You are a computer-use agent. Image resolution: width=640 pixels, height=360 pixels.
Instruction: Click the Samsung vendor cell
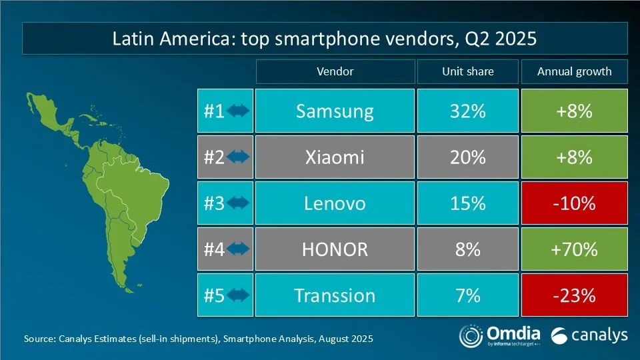pyautogui.click(x=335, y=111)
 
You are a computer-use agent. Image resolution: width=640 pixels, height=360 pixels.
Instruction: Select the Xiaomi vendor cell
pyautogui.click(x=335, y=157)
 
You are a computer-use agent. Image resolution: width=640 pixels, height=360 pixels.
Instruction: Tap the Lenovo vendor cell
pyautogui.click(x=335, y=203)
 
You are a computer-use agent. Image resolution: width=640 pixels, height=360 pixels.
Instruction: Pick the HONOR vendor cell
pyautogui.click(x=335, y=249)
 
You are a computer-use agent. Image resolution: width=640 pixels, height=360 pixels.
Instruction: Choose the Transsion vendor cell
pyautogui.click(x=335, y=295)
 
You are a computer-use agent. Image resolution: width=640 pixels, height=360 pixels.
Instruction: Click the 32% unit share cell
pyautogui.click(x=467, y=111)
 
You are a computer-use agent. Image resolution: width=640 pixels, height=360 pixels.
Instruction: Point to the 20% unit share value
pyautogui.click(x=467, y=157)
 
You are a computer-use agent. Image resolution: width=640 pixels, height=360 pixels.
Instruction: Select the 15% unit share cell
pyautogui.click(x=467, y=203)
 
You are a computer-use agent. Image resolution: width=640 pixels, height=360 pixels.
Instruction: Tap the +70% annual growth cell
pyautogui.click(x=574, y=249)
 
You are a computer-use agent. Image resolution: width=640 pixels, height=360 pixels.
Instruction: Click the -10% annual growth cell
pyautogui.click(x=574, y=203)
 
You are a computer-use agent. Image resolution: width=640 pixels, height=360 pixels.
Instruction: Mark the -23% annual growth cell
pyautogui.click(x=574, y=295)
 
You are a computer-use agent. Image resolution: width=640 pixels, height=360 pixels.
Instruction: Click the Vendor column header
pyautogui.click(x=335, y=71)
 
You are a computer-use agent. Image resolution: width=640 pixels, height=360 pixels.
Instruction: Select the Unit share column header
pyautogui.click(x=467, y=71)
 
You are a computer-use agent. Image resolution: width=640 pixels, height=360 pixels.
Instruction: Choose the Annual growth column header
pyautogui.click(x=574, y=71)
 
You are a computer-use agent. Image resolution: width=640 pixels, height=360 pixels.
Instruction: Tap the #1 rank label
pyautogui.click(x=213, y=111)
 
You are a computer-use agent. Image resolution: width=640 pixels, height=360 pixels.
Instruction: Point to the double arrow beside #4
pyautogui.click(x=238, y=249)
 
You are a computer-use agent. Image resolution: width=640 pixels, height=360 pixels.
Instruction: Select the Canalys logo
pyautogui.click(x=589, y=335)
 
